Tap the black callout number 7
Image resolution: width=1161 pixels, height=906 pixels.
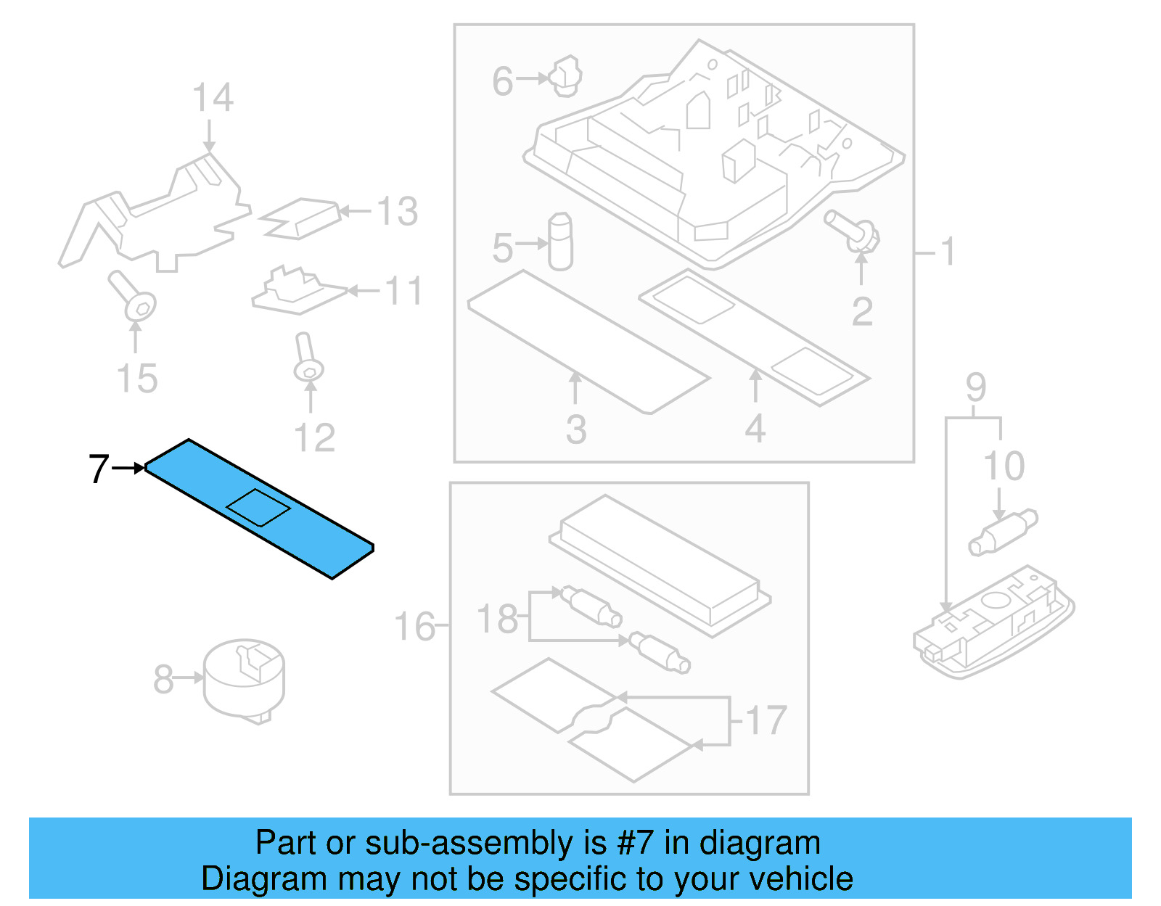coord(99,469)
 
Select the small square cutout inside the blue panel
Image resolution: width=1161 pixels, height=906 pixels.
coord(259,507)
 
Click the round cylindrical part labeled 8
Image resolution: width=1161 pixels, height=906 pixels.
coord(244,679)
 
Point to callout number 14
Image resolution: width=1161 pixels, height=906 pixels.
coord(213,98)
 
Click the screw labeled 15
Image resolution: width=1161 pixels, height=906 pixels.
coord(134,297)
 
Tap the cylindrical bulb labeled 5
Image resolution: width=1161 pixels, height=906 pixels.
coord(560,242)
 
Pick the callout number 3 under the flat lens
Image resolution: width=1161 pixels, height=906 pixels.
coord(576,429)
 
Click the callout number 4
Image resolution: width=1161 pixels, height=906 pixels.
coord(755,429)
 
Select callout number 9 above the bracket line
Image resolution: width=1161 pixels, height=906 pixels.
coord(976,387)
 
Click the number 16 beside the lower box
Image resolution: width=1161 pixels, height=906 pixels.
coord(414,627)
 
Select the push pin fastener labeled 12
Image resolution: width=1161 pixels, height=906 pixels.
coord(308,359)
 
